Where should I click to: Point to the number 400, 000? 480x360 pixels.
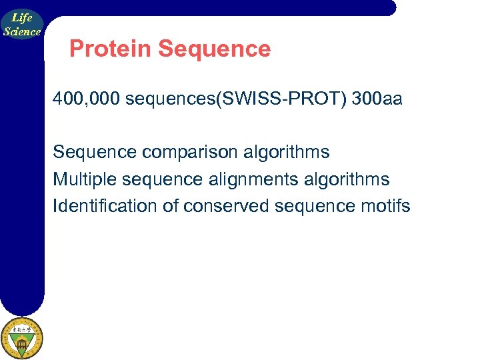pyautogui.click(x=87, y=99)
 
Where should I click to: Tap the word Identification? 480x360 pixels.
pyautogui.click(x=105, y=206)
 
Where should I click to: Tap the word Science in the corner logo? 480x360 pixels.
pyautogui.click(x=22, y=31)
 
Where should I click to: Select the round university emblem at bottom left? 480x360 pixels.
pyautogui.click(x=21, y=338)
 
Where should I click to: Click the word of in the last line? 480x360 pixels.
pyautogui.click(x=170, y=206)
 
